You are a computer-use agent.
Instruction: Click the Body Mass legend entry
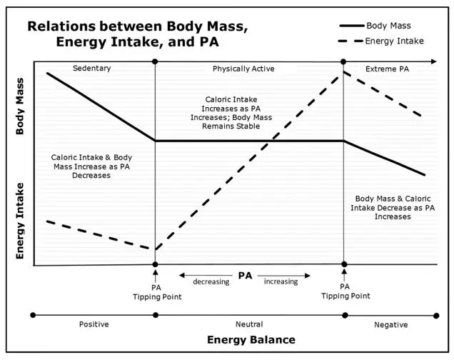375,26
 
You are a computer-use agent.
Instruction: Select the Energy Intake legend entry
380,41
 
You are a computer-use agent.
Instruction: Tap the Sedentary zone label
92,69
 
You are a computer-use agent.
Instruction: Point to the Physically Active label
243,69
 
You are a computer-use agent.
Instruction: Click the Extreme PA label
387,69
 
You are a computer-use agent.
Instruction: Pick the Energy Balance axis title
251,340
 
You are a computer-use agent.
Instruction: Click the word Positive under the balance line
94,324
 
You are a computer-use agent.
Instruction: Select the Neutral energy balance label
249,324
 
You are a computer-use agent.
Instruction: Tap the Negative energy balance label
391,325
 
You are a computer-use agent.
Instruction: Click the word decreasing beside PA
211,282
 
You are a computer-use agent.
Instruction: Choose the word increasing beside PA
281,281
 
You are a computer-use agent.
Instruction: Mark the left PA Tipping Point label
157,292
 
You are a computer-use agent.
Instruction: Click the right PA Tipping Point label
345,291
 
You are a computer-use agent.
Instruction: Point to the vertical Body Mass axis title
20,106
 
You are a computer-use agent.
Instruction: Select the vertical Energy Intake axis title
20,221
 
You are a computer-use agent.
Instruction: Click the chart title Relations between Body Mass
138,26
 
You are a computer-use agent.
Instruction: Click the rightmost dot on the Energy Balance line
436,316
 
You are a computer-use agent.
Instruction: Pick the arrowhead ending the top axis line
434,61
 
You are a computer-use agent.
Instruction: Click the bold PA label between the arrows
246,276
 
